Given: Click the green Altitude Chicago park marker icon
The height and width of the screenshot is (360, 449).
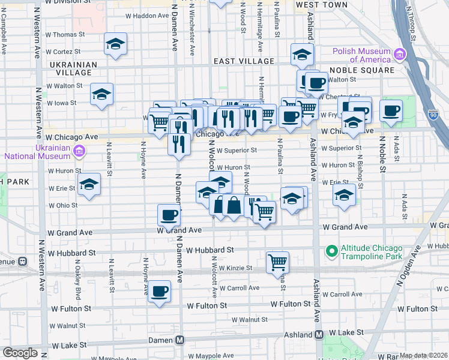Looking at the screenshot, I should pos(330,250).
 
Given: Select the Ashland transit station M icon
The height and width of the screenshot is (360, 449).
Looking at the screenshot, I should pos(320,333).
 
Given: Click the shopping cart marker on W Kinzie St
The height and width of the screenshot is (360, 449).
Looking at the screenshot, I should pos(277,262).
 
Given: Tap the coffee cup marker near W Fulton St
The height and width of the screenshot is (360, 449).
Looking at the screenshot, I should pos(160,291).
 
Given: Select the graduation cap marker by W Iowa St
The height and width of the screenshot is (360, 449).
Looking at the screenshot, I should pos(102,94).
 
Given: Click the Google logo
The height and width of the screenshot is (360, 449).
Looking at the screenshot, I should pos(20,353).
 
